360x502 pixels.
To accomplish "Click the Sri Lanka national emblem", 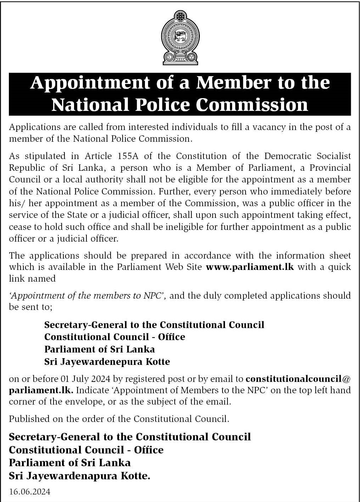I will (x=180, y=37).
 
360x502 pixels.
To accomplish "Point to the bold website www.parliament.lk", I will (x=249, y=267).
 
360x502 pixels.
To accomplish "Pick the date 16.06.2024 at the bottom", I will (x=29, y=492).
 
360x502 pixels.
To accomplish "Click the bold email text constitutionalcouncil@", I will (x=298, y=379).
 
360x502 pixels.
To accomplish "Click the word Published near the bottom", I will (x=29, y=419).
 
